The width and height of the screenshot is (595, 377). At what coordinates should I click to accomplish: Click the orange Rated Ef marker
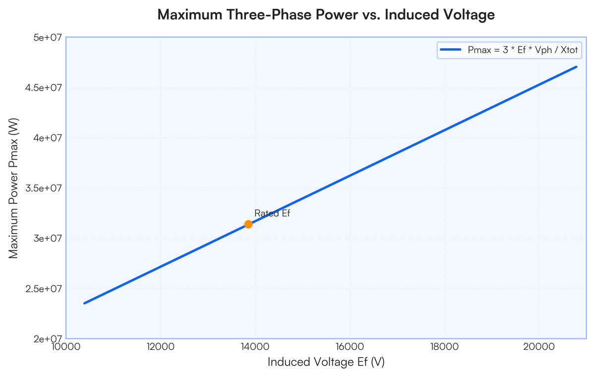tap(248, 224)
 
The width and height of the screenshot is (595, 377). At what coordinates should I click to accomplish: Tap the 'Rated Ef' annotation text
tap(272, 213)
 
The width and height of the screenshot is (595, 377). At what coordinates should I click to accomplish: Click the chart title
tap(326, 15)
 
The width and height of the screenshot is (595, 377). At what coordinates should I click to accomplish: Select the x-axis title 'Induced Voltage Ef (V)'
tap(326, 362)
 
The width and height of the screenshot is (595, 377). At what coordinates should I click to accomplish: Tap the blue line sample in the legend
tap(451, 50)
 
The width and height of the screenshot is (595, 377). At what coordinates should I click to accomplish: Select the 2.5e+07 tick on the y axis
tap(44, 289)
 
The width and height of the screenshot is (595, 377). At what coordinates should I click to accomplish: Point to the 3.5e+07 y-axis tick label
tap(44, 188)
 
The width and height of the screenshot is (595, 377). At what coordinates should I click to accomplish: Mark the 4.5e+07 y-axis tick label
tap(44, 88)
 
